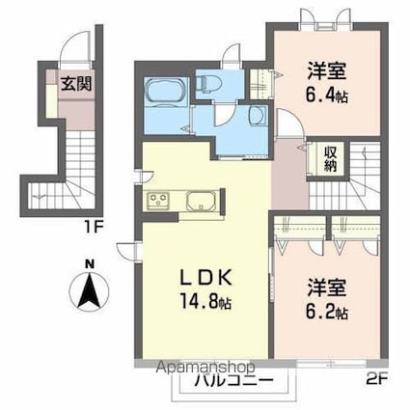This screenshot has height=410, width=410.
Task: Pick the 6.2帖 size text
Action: tap(327, 313)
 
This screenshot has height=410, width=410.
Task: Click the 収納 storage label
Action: tap(331, 158)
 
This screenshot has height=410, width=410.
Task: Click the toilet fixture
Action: tap(209, 84)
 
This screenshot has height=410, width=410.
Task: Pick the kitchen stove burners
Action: tap(157, 203)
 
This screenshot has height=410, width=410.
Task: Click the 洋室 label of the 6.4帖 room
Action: tap(327, 70)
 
